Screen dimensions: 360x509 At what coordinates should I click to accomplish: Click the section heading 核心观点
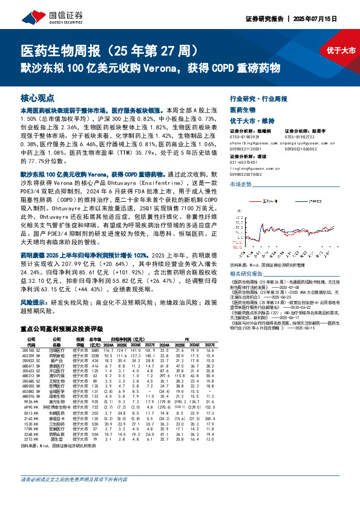point(38,97)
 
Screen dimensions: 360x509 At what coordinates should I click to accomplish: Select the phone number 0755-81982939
point(244,136)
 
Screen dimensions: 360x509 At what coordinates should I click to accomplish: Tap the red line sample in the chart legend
point(255,203)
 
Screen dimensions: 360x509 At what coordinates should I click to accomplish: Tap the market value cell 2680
point(94,350)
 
